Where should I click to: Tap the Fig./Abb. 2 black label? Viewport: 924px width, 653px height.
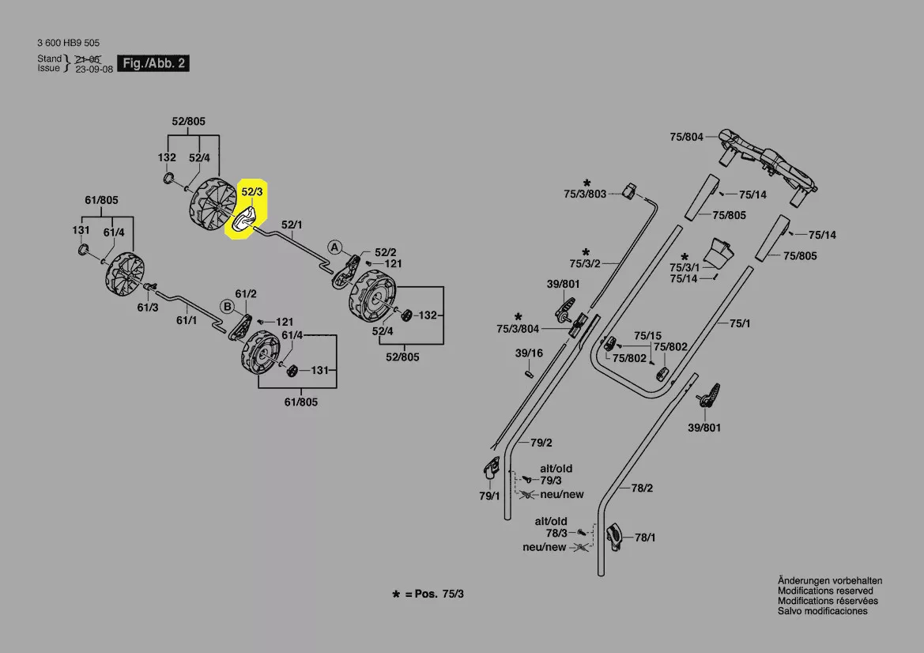(x=153, y=63)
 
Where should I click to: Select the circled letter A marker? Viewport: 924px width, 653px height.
(x=335, y=247)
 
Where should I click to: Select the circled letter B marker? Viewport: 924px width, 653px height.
(x=225, y=305)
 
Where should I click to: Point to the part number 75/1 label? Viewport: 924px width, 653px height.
(x=739, y=323)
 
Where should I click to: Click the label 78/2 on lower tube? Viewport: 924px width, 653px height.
(x=642, y=489)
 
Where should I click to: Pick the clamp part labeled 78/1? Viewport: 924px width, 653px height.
(x=616, y=538)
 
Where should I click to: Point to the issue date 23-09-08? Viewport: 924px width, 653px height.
(x=94, y=69)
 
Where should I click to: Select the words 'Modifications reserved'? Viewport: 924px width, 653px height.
(x=825, y=591)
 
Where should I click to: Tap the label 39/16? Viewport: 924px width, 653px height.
(x=529, y=353)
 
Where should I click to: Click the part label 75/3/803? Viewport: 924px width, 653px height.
(x=585, y=194)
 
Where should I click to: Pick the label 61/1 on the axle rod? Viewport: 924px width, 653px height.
(x=186, y=320)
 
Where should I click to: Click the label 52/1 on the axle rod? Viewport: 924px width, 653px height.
(x=292, y=225)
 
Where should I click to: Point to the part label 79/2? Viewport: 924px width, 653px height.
(x=541, y=442)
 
